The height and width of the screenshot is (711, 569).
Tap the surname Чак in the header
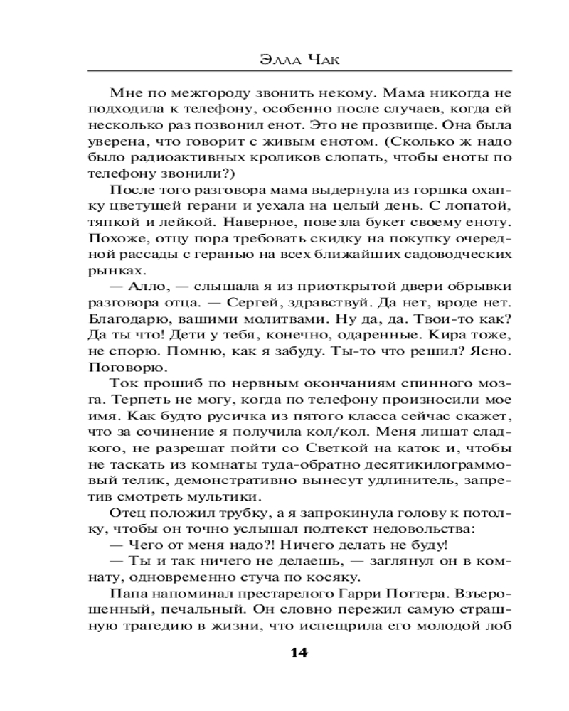[317, 58]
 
